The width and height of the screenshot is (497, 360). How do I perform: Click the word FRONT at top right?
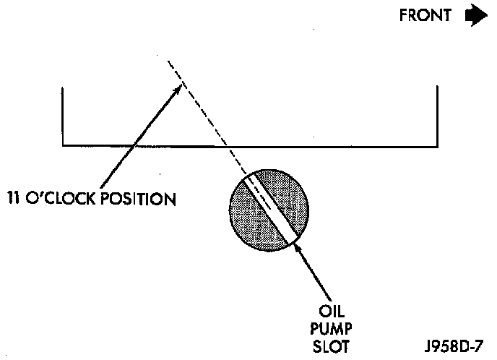click(426, 16)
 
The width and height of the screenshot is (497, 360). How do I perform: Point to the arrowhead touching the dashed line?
click(178, 88)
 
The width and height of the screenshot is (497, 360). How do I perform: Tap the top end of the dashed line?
click(169, 61)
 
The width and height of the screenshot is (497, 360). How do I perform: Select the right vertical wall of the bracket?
click(436, 116)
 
